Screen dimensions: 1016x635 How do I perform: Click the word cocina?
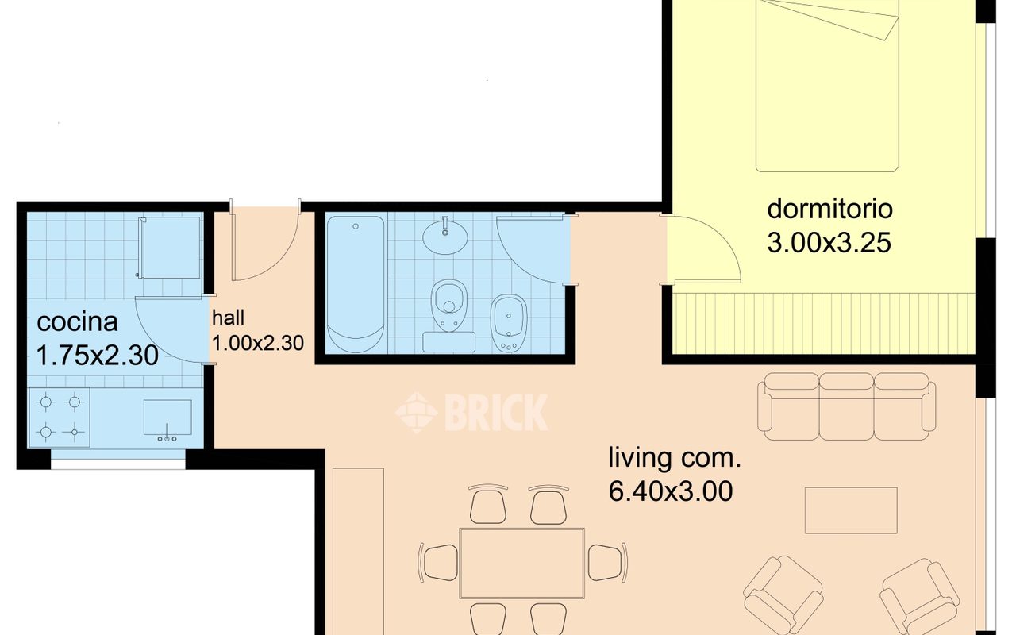click(x=77, y=321)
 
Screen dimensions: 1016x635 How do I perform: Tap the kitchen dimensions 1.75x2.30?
click(x=97, y=355)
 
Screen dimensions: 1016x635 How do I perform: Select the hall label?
click(x=228, y=317)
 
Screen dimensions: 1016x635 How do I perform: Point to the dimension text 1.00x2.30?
click(x=258, y=344)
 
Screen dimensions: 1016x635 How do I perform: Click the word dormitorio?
click(x=829, y=209)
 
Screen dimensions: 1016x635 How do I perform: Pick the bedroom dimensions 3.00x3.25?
click(x=829, y=243)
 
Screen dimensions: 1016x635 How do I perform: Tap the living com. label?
click(x=675, y=457)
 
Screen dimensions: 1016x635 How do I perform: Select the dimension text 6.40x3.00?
click(x=671, y=491)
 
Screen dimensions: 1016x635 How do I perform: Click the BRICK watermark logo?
click(x=471, y=412)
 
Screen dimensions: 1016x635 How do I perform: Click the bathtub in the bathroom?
click(x=356, y=284)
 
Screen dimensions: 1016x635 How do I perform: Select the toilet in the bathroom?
click(x=449, y=305)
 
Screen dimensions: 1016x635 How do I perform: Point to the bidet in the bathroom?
click(x=509, y=323)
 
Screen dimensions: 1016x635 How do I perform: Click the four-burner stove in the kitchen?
click(x=60, y=418)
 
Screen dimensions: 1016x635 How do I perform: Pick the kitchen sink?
click(x=167, y=418)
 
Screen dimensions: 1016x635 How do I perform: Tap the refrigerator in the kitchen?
click(x=170, y=247)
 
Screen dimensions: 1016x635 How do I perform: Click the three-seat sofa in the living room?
click(x=846, y=406)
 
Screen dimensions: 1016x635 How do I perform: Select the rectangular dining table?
click(x=521, y=564)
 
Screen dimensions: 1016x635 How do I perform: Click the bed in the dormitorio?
click(x=827, y=87)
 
